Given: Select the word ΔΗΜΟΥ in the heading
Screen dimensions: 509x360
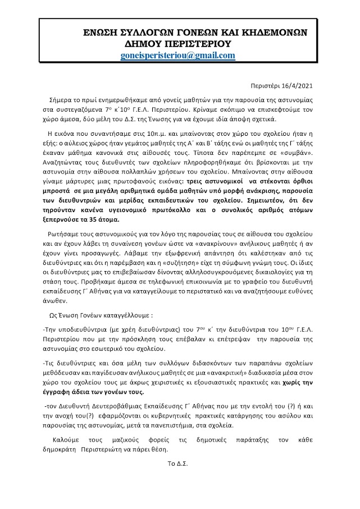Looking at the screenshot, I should (x=149, y=44).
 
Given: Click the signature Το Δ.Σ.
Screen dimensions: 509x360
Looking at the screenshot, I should (x=177, y=465).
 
